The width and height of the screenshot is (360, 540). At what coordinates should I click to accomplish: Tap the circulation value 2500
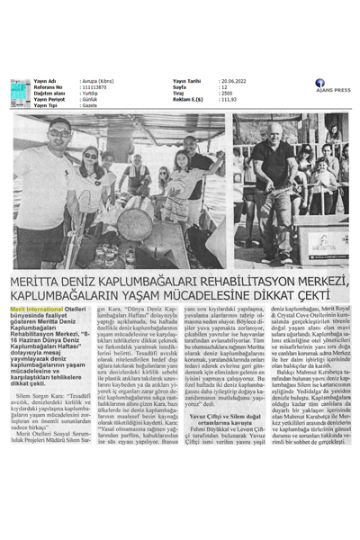226,92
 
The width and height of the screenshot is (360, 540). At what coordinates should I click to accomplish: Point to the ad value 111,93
229,98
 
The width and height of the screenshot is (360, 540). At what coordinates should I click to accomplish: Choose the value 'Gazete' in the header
92,104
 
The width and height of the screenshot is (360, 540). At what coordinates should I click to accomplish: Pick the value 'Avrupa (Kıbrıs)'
100,80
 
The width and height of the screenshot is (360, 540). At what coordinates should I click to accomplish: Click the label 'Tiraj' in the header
179,92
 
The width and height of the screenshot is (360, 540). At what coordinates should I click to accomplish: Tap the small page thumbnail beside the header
20,92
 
